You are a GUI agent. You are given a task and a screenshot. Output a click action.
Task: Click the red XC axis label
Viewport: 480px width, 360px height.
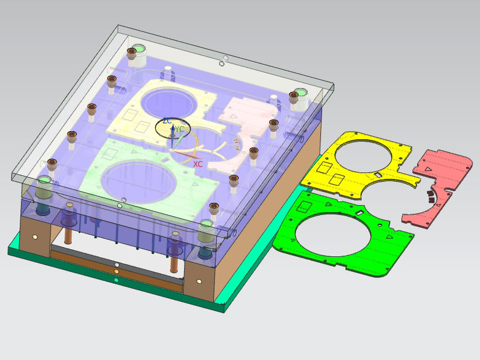tap(197, 164)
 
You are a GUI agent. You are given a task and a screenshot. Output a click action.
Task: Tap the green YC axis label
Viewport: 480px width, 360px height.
tap(179, 129)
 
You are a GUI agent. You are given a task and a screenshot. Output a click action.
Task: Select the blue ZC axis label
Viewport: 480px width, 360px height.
tap(167, 121)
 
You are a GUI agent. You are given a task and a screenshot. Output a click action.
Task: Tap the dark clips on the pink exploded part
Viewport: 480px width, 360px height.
tap(430, 196)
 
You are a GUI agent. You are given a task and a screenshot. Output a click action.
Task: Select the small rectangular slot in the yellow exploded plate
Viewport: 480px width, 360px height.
tap(378, 175)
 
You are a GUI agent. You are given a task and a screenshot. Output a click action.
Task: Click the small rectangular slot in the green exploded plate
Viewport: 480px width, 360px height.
tap(360, 212)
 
